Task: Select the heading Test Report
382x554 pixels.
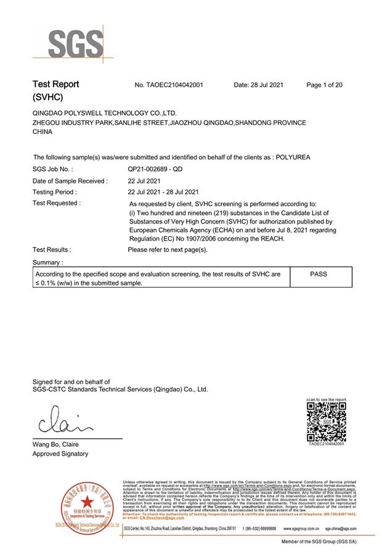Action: [55, 84]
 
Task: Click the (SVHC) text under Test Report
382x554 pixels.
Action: [47, 97]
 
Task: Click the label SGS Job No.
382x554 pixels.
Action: [53, 169]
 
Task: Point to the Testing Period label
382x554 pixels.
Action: [55, 192]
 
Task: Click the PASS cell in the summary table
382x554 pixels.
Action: [319, 273]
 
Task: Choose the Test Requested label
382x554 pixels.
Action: [57, 203]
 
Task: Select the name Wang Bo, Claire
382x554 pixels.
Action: [55, 444]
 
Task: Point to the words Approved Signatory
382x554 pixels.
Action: [60, 454]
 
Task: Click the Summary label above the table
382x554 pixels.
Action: [47, 262]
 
